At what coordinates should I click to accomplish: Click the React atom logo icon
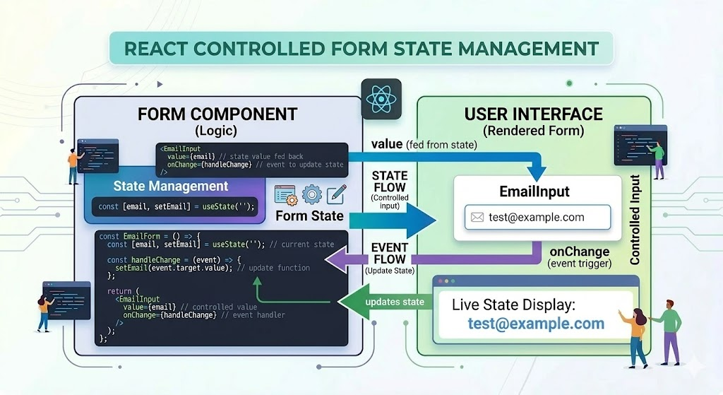[381, 99]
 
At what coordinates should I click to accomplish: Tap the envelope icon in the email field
[477, 218]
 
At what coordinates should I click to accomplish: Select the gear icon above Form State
[311, 194]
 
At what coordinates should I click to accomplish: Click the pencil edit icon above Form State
[336, 194]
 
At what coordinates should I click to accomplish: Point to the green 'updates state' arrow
[385, 302]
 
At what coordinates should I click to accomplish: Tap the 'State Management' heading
[171, 186]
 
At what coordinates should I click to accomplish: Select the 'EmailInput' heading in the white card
[534, 191]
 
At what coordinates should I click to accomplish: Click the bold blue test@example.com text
[536, 324]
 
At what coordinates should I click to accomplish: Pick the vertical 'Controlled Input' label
[635, 220]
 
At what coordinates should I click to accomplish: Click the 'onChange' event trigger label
[580, 252]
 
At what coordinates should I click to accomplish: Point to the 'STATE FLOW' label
[390, 182]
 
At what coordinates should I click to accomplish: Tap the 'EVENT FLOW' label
[390, 254]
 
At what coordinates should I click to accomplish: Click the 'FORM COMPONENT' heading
[217, 114]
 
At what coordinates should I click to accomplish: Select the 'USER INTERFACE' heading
[534, 114]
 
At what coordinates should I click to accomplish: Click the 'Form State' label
[309, 216]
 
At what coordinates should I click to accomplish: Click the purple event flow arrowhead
[337, 260]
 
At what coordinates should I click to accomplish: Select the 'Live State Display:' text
[514, 305]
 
